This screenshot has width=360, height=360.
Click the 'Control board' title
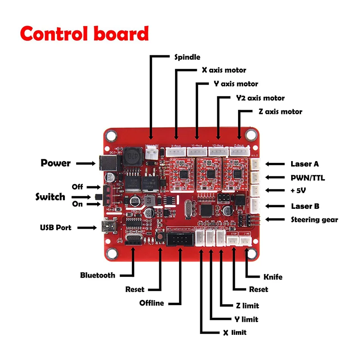click(84, 34)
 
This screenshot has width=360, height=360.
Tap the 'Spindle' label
click(187, 57)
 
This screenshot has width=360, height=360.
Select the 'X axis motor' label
click(224, 70)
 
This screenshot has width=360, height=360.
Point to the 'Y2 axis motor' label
click(260, 98)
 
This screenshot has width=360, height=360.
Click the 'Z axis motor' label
click(280, 112)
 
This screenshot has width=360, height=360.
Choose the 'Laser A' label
click(305, 164)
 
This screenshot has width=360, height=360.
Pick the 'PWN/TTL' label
click(307, 178)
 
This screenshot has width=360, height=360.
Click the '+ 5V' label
click(298, 191)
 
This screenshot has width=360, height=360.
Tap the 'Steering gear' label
click(314, 220)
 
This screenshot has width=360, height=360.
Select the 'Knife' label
click(272, 277)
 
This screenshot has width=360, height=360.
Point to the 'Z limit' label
click(247, 306)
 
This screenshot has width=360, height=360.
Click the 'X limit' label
click(234, 333)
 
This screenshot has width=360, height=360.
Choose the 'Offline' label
click(152, 303)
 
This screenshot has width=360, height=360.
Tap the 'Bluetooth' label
click(98, 275)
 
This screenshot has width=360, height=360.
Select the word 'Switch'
click(50, 197)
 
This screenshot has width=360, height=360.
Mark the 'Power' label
click(56, 163)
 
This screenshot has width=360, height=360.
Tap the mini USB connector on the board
click(108, 225)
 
